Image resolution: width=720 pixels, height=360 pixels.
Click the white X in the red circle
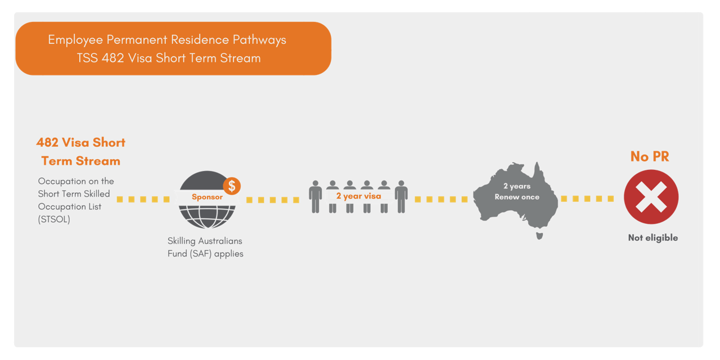pos(651,197)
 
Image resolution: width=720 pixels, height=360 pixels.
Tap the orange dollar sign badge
pos(232,186)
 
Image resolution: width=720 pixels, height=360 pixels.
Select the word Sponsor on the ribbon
pos(207,197)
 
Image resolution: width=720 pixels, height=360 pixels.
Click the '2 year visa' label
pos(359,196)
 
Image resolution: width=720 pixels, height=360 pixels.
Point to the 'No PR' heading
pos(650,157)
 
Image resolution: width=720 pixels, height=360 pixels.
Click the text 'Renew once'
pos(517,197)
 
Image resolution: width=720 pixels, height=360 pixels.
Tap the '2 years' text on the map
pos(517,186)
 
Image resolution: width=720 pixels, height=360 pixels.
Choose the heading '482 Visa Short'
pos(81,142)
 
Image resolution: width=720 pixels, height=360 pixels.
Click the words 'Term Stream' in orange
pos(81,161)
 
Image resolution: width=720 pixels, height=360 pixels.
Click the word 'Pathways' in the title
pos(260,40)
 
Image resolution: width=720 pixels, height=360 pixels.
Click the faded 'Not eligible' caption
pos(652,238)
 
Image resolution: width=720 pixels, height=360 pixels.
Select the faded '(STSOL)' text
pos(55,220)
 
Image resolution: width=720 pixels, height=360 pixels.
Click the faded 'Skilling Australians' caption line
pos(205,241)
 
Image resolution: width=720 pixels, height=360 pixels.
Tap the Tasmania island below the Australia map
pos(539,236)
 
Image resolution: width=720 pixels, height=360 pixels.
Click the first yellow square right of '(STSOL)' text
pos(120,199)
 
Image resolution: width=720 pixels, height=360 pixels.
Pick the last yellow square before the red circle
pos(611,199)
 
